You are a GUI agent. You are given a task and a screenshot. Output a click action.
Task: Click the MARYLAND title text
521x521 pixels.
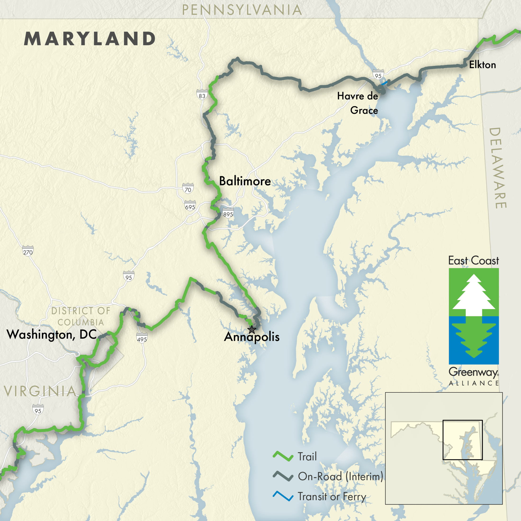click(x=90, y=39)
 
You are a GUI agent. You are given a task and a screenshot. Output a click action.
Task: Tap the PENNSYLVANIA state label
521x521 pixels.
click(x=242, y=10)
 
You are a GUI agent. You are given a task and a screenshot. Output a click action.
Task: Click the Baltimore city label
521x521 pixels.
click(x=245, y=181)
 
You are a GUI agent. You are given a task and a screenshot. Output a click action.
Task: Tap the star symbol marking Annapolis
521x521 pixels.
click(x=252, y=329)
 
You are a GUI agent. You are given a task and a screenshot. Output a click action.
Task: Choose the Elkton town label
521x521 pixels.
click(x=482, y=65)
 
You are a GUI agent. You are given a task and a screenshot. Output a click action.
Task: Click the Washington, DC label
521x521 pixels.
click(x=51, y=335)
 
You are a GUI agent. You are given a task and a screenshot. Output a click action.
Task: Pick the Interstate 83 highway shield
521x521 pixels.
click(x=202, y=95)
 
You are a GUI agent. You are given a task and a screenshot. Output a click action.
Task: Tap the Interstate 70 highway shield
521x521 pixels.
click(x=188, y=189)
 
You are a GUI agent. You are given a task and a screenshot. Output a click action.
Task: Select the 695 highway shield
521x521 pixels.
click(x=190, y=207)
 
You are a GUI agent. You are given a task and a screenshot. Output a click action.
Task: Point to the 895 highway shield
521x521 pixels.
click(x=228, y=214)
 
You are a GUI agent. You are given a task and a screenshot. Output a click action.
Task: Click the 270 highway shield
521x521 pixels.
click(x=28, y=252)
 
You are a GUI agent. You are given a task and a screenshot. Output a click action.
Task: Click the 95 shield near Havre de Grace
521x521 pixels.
click(x=378, y=76)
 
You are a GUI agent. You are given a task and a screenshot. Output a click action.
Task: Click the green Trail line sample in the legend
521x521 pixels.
click(x=283, y=456)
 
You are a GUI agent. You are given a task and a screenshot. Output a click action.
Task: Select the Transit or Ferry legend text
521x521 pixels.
click(x=332, y=496)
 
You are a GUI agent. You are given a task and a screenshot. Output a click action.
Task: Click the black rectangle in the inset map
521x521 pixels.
click(x=463, y=440)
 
